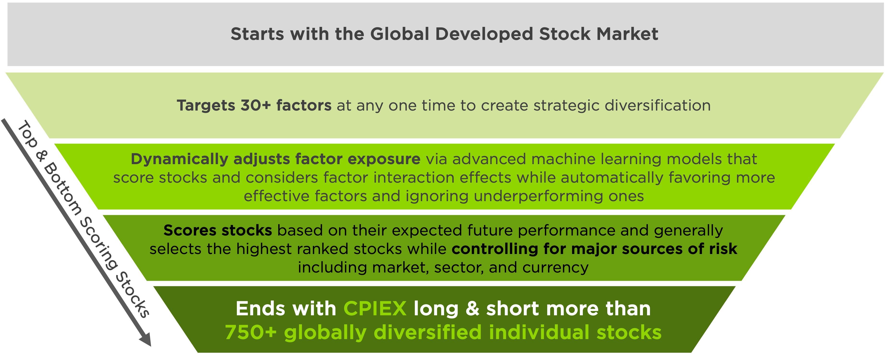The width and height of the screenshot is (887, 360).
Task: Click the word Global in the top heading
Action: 400,34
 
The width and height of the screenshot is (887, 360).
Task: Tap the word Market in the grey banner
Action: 627,34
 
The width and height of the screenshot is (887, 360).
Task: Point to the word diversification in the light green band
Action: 658,105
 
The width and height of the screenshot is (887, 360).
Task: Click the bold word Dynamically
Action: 179,159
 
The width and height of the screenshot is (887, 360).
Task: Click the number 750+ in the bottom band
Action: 251,332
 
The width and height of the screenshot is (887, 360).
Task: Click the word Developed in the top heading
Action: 484,34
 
